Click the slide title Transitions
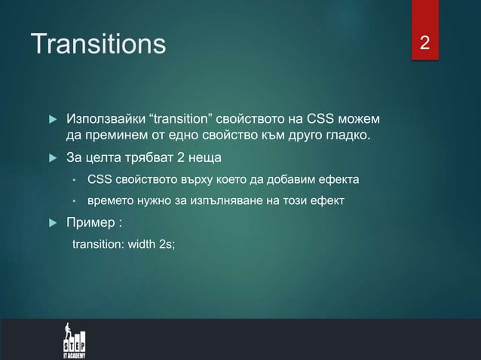(x=97, y=44)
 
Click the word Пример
(x=90, y=224)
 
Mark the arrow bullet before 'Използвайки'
(x=52, y=121)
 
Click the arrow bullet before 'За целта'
(x=52, y=158)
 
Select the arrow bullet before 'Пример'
(x=52, y=224)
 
